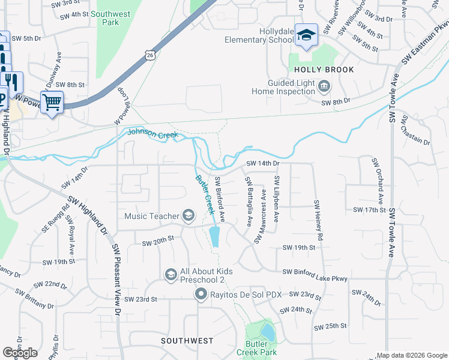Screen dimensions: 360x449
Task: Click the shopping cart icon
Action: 52,102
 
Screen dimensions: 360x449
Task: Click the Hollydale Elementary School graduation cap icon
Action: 306,35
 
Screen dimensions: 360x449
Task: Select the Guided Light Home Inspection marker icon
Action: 324,87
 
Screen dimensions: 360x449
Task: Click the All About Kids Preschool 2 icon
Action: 171,275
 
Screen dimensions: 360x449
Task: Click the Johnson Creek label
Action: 154,135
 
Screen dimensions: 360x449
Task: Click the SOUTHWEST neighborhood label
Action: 187,341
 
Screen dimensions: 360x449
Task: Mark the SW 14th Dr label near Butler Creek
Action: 262,163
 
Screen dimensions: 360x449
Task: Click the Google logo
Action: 20,353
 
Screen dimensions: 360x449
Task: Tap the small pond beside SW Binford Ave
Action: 215,236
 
